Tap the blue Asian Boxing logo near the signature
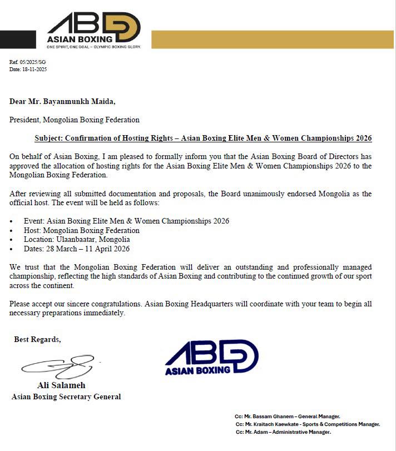point(211,357)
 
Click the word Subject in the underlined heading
point(49,138)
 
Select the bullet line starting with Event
point(126,221)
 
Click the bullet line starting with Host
point(81,230)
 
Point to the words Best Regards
point(37,339)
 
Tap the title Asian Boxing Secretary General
point(66,397)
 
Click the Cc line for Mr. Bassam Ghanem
point(288,416)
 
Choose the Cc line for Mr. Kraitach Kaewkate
point(308,424)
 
